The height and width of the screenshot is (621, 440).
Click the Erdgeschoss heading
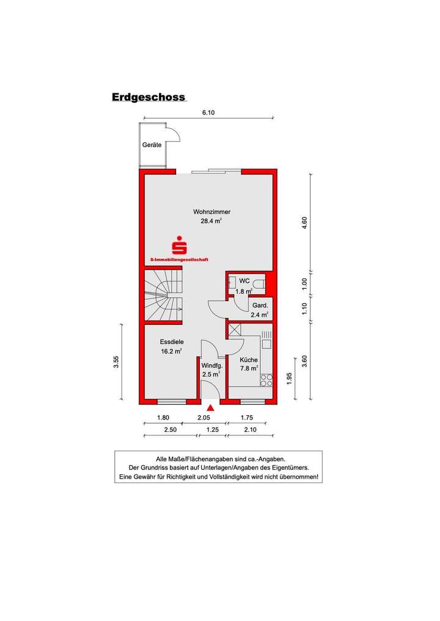[148, 97]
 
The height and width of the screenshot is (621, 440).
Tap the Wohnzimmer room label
[211, 212]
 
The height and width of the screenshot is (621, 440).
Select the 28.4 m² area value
[211, 222]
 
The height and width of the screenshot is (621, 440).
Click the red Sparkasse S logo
[179, 245]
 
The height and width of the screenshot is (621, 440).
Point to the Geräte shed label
[152, 145]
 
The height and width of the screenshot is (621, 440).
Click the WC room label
[244, 281]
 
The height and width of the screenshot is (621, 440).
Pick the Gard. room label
[259, 305]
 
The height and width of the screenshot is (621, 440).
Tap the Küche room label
[249, 360]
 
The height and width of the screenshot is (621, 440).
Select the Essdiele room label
[172, 342]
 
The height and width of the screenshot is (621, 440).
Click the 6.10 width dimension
[209, 112]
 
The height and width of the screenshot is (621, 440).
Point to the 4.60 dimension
[304, 223]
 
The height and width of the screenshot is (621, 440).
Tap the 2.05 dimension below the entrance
[204, 418]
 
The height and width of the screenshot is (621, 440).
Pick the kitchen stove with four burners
[266, 380]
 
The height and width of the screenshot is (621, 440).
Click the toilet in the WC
[260, 283]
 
